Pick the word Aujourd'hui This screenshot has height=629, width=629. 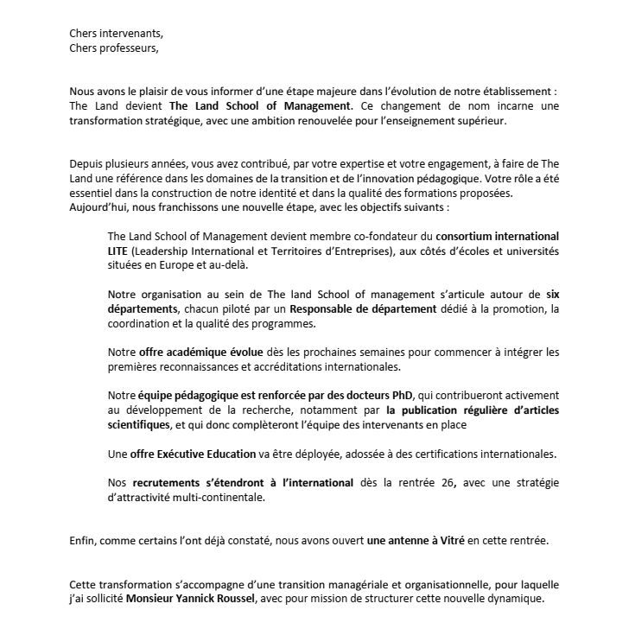101,207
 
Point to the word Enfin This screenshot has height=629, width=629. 84,541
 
